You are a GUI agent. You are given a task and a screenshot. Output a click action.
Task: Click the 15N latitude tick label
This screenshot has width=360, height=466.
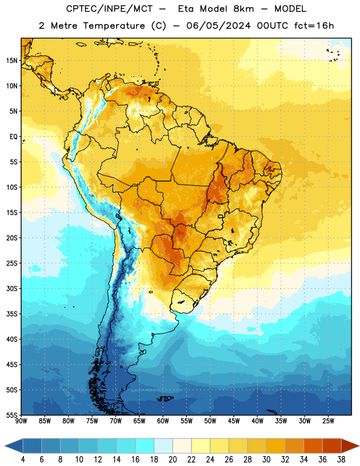12,61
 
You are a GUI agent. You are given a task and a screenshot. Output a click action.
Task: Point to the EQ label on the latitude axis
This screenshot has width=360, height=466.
13,137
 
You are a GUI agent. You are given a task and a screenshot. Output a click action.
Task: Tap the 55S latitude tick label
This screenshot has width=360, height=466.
12,415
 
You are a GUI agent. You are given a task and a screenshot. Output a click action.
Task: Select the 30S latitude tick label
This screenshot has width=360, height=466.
12,288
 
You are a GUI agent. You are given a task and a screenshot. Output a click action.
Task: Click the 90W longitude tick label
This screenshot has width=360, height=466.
21,421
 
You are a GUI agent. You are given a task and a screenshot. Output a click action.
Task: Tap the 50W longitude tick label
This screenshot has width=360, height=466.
210,421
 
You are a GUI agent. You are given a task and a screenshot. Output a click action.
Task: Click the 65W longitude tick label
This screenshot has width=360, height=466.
139,421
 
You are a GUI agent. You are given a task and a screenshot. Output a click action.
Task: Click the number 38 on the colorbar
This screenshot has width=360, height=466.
341,460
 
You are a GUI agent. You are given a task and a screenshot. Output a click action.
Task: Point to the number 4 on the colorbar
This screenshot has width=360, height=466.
23,460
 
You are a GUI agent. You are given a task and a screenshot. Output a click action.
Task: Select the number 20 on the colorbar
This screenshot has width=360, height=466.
172,460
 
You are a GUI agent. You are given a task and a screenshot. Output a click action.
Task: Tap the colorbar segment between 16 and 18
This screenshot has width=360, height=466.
145,446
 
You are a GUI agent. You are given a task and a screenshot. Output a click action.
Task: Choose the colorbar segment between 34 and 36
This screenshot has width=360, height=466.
313,446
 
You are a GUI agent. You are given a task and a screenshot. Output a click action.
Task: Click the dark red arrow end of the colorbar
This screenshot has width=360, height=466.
350,446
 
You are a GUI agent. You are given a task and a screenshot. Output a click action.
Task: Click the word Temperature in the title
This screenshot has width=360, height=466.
114,26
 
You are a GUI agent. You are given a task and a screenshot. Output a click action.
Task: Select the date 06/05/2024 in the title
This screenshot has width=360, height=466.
218,26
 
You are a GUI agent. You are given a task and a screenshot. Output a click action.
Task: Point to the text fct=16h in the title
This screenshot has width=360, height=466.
314,26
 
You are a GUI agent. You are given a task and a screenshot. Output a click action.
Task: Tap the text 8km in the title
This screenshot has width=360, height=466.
243,9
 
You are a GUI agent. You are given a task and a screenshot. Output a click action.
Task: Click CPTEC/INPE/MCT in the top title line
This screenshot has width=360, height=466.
110,9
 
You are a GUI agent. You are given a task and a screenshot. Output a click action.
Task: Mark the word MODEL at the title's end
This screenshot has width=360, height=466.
291,9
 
